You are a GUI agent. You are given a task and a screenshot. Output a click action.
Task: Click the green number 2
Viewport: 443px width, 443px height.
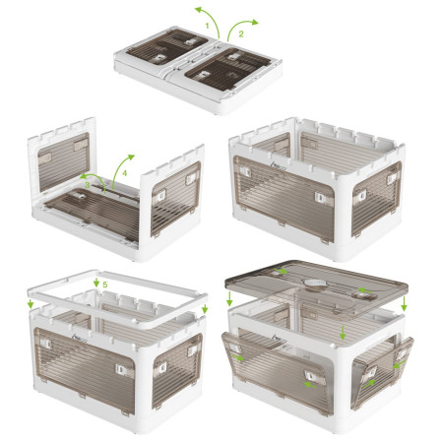(x=239, y=32)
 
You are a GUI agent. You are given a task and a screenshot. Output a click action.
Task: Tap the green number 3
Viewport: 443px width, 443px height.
(x=88, y=183)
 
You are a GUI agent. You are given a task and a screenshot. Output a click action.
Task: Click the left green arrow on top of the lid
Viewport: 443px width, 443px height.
(x=282, y=272)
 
